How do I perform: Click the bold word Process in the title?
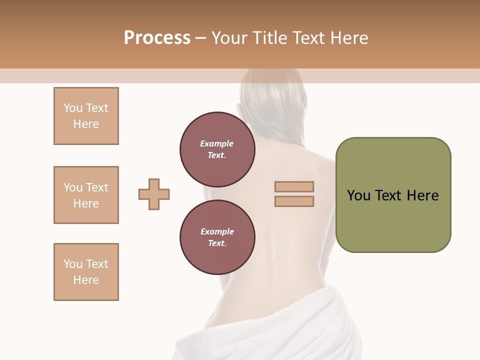coord(157,38)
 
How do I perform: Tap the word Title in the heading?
coord(269,38)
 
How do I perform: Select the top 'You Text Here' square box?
coord(86,116)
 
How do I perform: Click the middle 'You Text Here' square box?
coord(86,195)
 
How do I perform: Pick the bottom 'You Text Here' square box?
coord(86,272)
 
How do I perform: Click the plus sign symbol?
coord(154,194)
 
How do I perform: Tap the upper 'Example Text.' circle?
coord(217,149)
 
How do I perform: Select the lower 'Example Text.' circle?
coord(217,237)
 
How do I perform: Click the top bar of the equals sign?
coord(294,187)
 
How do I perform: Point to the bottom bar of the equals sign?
coord(294,201)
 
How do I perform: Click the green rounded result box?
coord(393,195)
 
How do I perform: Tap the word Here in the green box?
coord(422,195)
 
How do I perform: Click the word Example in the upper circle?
coord(217,143)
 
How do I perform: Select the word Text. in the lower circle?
coord(217,243)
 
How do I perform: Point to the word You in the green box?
coord(358,195)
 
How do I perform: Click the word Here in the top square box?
coord(86,124)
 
